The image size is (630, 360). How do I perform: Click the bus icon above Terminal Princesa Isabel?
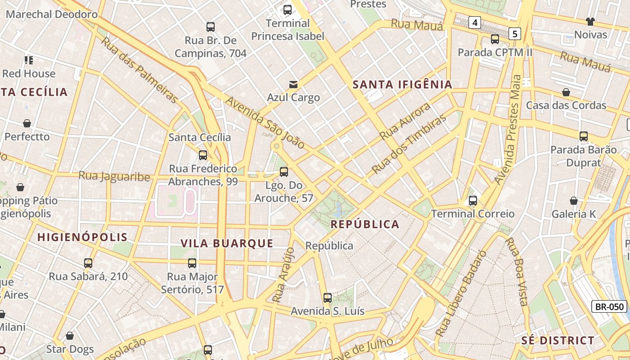pyautogui.click(x=288, y=9)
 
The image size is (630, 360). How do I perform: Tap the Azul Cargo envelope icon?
pyautogui.click(x=293, y=84)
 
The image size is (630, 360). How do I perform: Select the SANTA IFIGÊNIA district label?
pyautogui.click(x=402, y=85)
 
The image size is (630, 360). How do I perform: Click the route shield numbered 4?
pyautogui.click(x=474, y=22)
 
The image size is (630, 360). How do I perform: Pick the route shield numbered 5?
pyautogui.click(x=515, y=33)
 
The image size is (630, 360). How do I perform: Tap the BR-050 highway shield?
pyautogui.click(x=610, y=307)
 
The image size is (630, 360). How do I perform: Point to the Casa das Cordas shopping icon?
pyautogui.click(x=566, y=92)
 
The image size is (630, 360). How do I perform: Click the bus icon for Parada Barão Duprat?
pyautogui.click(x=584, y=136)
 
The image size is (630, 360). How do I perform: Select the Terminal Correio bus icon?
pyautogui.click(x=473, y=201)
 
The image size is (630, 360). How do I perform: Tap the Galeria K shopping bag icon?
pyautogui.click(x=574, y=201)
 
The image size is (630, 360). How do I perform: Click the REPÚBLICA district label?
pyautogui.click(x=365, y=224)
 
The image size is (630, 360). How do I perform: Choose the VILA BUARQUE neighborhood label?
pyautogui.click(x=227, y=243)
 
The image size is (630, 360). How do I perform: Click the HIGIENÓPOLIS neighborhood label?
pyautogui.click(x=82, y=237)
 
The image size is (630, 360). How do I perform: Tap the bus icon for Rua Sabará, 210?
pyautogui.click(x=88, y=263)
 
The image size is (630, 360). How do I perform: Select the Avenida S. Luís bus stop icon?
pyautogui.click(x=328, y=297)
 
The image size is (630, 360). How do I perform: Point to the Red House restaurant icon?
pyautogui.click(x=29, y=60)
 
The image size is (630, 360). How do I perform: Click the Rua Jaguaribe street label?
pyautogui.click(x=114, y=176)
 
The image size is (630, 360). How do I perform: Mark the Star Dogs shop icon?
pyautogui.click(x=70, y=336)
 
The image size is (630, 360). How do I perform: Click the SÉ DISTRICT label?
pyautogui.click(x=558, y=340)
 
